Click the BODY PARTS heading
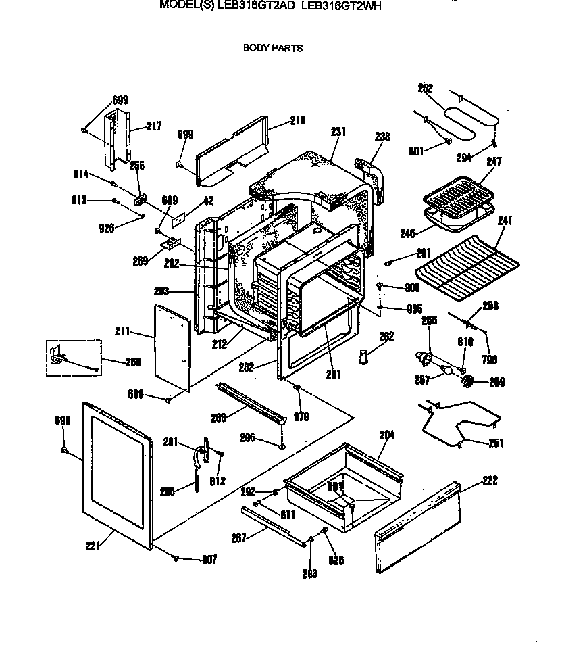coord(272,48)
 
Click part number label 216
coord(298,120)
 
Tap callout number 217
coord(154,126)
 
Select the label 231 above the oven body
coord(338,132)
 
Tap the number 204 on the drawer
coord(386,435)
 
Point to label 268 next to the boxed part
coord(132,361)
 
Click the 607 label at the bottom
coord(210,559)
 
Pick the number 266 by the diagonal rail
coord(218,418)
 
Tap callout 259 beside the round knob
coord(496,383)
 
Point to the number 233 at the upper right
coord(382,137)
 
